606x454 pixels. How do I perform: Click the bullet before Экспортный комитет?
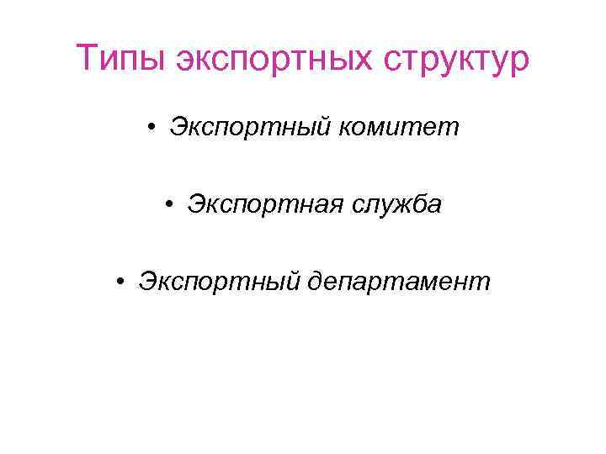(149, 129)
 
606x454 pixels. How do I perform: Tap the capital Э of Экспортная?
(194, 204)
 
